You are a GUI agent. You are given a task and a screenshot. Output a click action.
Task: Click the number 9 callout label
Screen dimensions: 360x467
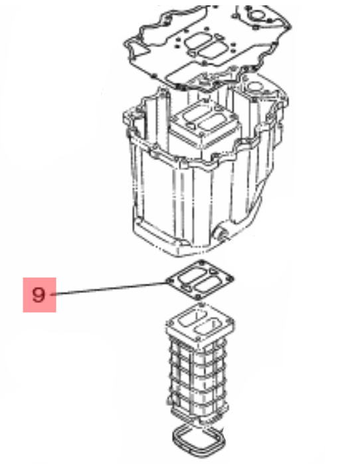pyautogui.click(x=39, y=295)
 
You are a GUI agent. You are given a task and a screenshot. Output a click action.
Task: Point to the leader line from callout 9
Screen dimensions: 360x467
pyautogui.click(x=110, y=288)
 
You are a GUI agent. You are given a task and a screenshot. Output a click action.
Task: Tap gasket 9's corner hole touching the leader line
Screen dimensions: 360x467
pyautogui.click(x=170, y=281)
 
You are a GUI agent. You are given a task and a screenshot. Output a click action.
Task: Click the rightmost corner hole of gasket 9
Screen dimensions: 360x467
pyautogui.click(x=229, y=279)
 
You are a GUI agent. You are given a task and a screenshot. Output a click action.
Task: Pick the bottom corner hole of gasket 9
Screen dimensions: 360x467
pyautogui.click(x=198, y=297)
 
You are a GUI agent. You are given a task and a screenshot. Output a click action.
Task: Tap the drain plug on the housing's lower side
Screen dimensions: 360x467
pyautogui.click(x=223, y=234)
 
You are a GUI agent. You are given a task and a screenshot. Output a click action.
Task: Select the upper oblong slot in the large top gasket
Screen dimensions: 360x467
pyautogui.click(x=198, y=41)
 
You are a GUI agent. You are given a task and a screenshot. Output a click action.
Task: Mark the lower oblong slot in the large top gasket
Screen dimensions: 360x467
pyautogui.click(x=213, y=49)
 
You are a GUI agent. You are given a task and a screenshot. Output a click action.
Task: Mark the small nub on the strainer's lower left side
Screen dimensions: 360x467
pyautogui.click(x=169, y=399)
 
